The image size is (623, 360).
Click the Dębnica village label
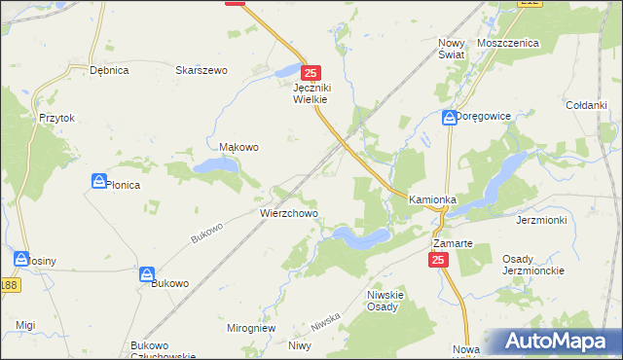coord(109,70)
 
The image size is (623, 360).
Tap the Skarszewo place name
coord(201,70)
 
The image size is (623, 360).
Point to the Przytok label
coord(57,118)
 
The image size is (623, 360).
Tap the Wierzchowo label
coord(288,212)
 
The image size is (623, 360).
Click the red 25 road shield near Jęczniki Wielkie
coord(311,73)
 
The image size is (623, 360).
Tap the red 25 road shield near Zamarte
coord(438,260)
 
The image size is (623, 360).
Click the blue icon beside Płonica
coord(98,181)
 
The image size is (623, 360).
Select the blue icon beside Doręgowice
coord(449,117)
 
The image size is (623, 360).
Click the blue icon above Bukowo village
coord(147,274)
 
